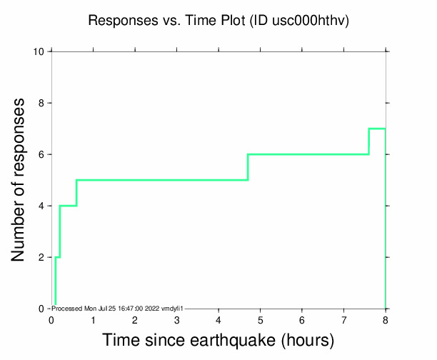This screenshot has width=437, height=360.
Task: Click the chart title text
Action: [x=218, y=21]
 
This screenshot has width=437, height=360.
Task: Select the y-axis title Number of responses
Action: [x=21, y=180]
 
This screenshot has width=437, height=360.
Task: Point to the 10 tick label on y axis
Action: [x=40, y=51]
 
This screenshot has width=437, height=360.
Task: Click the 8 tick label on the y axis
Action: [x=42, y=103]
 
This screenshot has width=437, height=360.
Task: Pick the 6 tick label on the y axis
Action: [x=42, y=154]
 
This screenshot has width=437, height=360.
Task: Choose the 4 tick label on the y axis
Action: [x=42, y=206]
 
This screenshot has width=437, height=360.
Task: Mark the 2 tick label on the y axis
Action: [x=42, y=257]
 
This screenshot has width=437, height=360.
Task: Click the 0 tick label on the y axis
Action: [x=42, y=309]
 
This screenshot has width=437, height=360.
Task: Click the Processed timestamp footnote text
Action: [x=118, y=308]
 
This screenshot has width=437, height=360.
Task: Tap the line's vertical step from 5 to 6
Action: [x=248, y=167]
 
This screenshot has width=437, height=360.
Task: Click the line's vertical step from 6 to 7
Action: [x=368, y=141]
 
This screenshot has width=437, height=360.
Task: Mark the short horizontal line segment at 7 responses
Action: [x=377, y=129]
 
